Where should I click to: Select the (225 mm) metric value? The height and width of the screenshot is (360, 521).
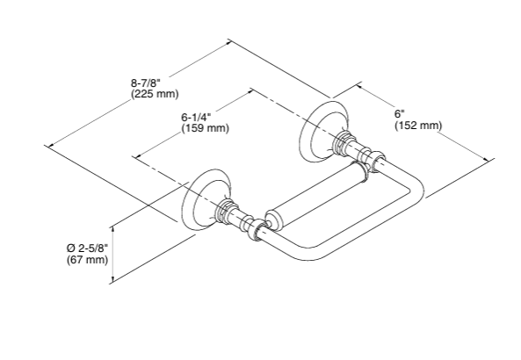coord(154,93)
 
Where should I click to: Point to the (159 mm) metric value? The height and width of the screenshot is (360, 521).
coord(205,128)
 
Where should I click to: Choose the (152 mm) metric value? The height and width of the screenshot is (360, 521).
coord(417,126)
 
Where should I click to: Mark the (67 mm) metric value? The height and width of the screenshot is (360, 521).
coord(87,260)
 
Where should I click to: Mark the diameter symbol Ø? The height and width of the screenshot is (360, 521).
coord(70,248)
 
